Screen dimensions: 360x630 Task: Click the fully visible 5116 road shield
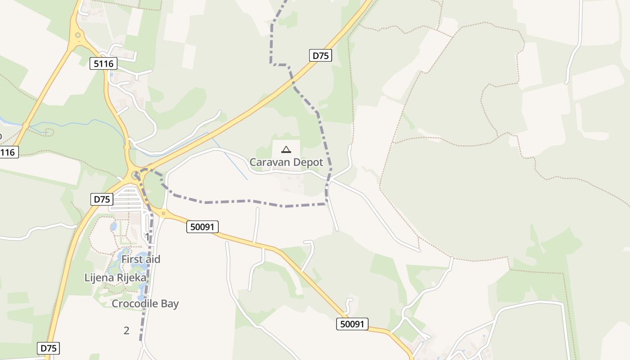pyautogui.click(x=103, y=63)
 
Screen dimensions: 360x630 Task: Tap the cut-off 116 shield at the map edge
pyautogui.click(x=8, y=153)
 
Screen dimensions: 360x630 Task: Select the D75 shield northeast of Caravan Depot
pyautogui.click(x=321, y=55)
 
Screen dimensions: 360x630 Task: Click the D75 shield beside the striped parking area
pyautogui.click(x=102, y=199)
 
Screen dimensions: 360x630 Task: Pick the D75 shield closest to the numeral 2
pyautogui.click(x=48, y=348)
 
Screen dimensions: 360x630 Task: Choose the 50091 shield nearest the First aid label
pyautogui.click(x=202, y=227)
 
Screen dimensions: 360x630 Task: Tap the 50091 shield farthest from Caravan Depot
pyautogui.click(x=352, y=324)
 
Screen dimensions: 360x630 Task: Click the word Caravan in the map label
pyautogui.click(x=268, y=162)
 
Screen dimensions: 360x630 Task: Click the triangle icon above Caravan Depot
pyautogui.click(x=286, y=149)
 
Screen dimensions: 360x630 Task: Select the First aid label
pyautogui.click(x=140, y=259)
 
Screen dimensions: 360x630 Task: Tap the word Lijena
pyautogui.click(x=99, y=277)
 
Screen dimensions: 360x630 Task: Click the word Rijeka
pyautogui.click(x=131, y=277)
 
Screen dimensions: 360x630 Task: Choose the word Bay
pyautogui.click(x=170, y=304)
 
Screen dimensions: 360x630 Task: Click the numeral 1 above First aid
pyautogui.click(x=147, y=236)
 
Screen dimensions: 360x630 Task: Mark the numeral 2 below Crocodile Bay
pyautogui.click(x=126, y=330)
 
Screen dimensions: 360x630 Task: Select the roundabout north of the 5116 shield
pyautogui.click(x=78, y=35)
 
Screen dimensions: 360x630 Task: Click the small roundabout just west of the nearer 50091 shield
pyautogui.click(x=163, y=213)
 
